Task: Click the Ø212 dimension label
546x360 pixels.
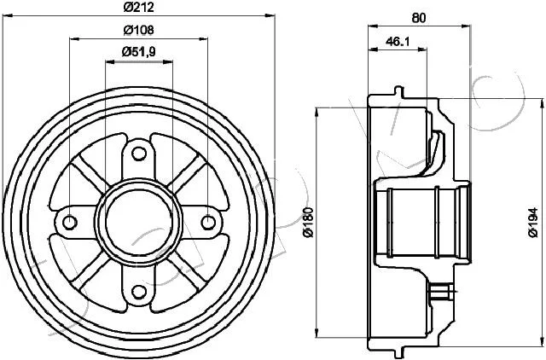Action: click(138, 7)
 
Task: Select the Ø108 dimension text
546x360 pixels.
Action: click(138, 30)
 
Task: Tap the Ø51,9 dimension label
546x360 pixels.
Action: click(138, 52)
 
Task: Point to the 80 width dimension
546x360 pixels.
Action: click(419, 18)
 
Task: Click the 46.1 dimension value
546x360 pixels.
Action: click(398, 42)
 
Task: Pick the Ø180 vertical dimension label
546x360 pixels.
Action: click(308, 222)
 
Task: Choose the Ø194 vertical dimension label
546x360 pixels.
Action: click(532, 223)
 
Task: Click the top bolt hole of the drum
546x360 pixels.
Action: click(139, 154)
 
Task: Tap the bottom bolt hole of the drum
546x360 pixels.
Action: click(139, 292)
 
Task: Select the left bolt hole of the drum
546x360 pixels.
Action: click(70, 222)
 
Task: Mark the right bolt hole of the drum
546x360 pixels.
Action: click(208, 222)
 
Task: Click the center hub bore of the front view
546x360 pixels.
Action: click(139, 222)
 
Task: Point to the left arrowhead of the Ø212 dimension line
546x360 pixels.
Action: click(7, 15)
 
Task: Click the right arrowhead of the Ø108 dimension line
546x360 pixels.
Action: click(203, 38)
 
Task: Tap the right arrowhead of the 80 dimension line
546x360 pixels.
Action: click(466, 26)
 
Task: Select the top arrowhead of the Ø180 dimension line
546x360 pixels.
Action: click(317, 113)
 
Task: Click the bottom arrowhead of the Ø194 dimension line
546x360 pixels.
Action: click(543, 341)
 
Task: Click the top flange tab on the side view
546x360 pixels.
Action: click(399, 92)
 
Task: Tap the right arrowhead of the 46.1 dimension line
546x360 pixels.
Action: click(422, 49)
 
